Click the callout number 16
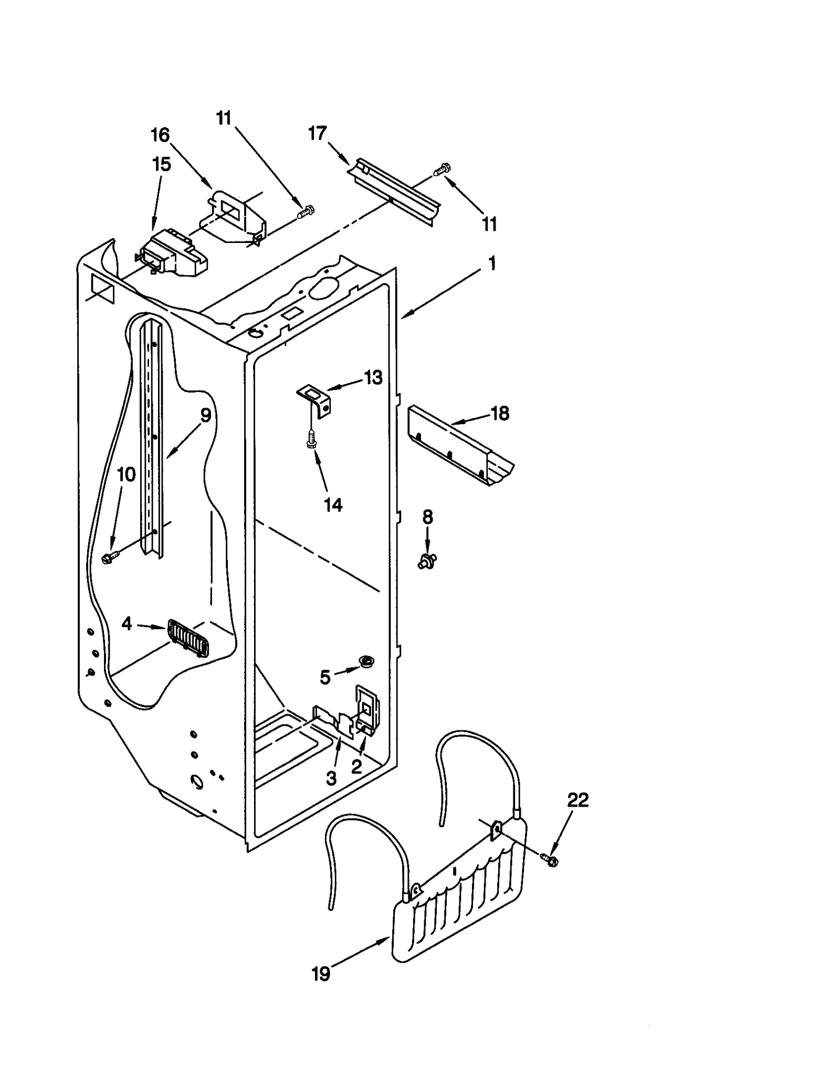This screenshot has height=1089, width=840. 160,135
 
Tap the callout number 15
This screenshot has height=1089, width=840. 161,164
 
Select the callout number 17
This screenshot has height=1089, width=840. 318,133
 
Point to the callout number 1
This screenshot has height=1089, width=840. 492,263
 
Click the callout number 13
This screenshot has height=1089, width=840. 373,377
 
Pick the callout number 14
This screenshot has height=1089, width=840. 333,505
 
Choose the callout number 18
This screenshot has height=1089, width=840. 499,414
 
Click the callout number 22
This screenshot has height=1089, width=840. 577,800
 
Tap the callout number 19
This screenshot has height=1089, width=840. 321,974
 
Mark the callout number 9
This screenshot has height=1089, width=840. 206,415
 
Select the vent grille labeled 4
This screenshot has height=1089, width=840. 188,637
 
